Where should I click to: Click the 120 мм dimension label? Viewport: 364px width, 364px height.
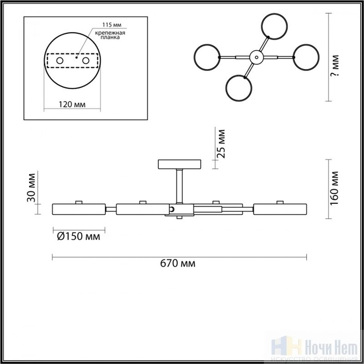[72, 105]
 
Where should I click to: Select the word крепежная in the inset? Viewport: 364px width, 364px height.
[110, 33]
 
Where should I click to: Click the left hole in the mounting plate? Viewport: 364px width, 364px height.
[60, 61]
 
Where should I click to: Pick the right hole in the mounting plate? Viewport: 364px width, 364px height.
[86, 61]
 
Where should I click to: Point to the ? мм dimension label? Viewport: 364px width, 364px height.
[335, 66]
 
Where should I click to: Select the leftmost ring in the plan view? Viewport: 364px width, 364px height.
[195, 57]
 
